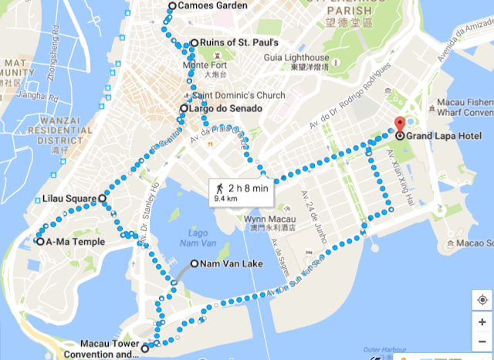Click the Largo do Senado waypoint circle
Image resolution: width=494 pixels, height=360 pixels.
point(184,109)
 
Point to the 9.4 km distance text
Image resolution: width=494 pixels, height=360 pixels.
point(227,198)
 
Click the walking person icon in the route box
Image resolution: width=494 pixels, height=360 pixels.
point(220,187)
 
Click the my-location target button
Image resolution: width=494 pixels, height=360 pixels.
point(481,300)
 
